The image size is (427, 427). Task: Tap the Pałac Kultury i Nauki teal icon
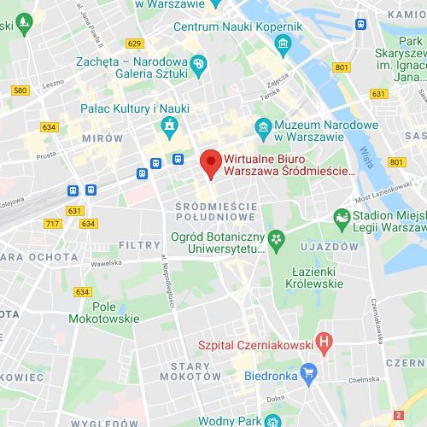click(x=169, y=126)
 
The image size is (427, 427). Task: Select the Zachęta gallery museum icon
click(x=199, y=62)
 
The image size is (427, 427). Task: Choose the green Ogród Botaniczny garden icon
click(x=276, y=237)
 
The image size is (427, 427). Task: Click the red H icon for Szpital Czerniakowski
click(x=323, y=344)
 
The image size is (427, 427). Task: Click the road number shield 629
click(x=134, y=43)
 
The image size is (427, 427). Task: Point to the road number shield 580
click(x=21, y=90)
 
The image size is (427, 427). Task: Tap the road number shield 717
click(x=53, y=224)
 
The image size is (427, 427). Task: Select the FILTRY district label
click(x=139, y=245)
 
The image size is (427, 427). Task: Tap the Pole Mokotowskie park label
click(x=115, y=313)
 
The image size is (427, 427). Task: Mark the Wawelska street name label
click(x=108, y=263)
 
